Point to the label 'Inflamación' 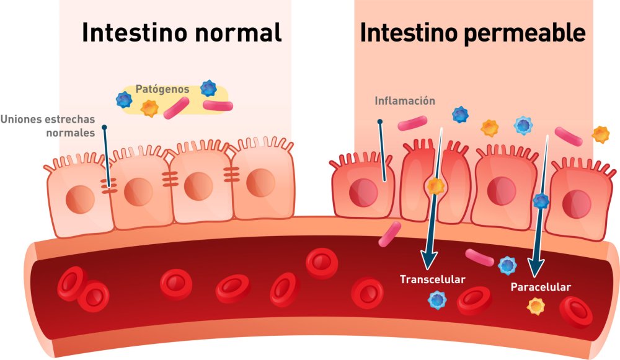[x=405, y=101]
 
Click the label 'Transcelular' [x=432, y=279]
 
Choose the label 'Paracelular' [x=541, y=287]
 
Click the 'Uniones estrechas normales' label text [x=48, y=125]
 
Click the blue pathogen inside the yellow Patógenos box [x=125, y=99]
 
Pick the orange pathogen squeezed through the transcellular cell [x=436, y=185]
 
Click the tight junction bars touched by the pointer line [x=109, y=186]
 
